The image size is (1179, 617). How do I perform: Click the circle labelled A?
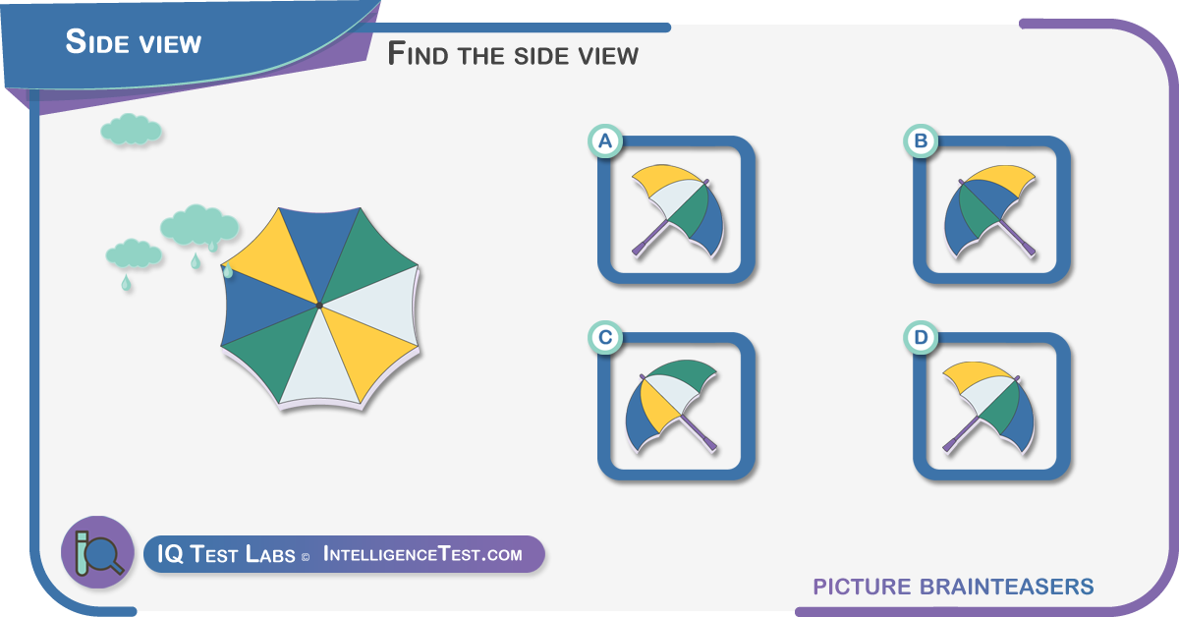(605, 141)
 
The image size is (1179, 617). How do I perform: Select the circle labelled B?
(921, 141)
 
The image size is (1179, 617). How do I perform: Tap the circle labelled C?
(605, 337)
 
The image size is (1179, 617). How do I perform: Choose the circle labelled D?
(921, 337)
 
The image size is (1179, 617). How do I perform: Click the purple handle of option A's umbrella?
(650, 238)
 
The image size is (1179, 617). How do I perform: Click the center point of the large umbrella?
(319, 306)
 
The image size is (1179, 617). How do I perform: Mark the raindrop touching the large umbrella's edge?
(228, 270)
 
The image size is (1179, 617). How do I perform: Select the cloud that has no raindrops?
(131, 129)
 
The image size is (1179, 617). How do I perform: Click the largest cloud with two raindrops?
(198, 225)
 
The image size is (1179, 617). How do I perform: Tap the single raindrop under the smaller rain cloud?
(126, 282)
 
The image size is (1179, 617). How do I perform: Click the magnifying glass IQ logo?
(98, 552)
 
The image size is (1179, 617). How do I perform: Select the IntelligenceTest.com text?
(422, 554)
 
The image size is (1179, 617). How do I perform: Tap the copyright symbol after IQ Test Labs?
(306, 557)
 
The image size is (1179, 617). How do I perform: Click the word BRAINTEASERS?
(1006, 587)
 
